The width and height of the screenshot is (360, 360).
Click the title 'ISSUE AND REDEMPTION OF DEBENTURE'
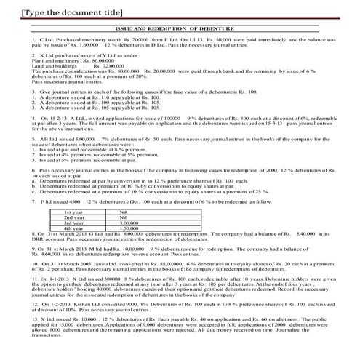coord(179,27)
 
